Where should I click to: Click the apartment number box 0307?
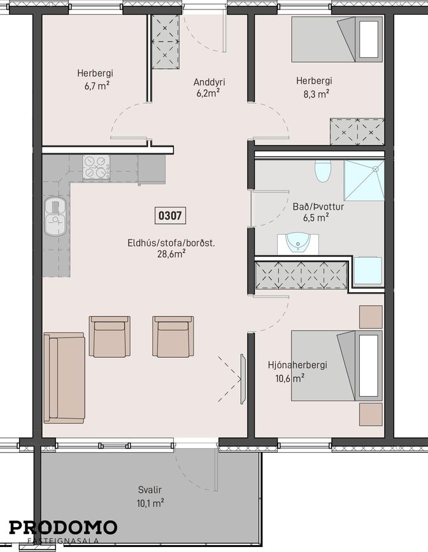point(170,215)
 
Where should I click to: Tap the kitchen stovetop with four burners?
point(96,167)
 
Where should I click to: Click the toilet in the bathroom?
point(323,171)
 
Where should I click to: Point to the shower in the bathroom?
point(364,180)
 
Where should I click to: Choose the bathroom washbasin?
point(297,244)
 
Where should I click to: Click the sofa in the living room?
point(64,378)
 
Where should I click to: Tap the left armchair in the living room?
point(110,337)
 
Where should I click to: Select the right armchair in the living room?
point(173,337)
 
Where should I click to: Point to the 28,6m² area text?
point(171,254)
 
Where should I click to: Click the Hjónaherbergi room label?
point(297,365)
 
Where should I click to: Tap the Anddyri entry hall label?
point(210,82)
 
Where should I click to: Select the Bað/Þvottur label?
point(318,206)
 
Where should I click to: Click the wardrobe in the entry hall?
point(166,42)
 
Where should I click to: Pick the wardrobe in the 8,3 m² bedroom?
point(357,132)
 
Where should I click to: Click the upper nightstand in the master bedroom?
point(371,317)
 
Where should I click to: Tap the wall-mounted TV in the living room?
point(243,379)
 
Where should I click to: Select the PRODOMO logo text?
point(63,528)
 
